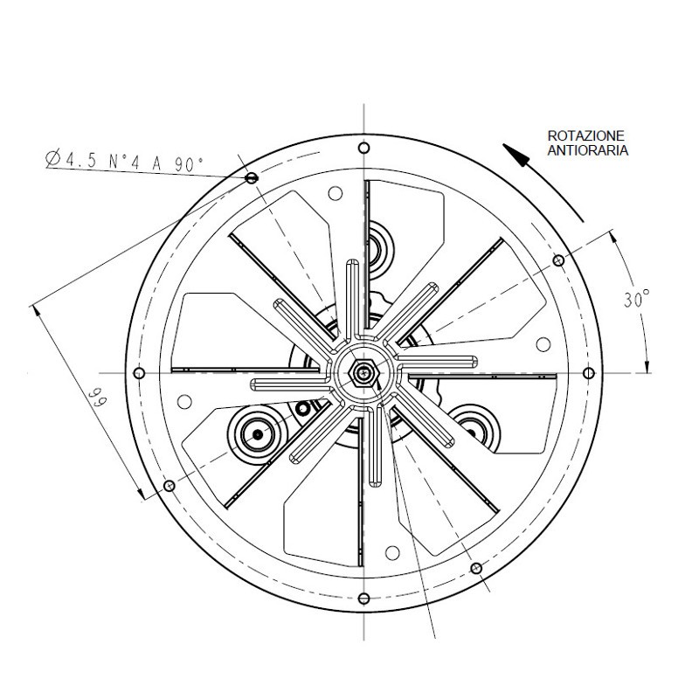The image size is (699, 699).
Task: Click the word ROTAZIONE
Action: pyautogui.click(x=585, y=135)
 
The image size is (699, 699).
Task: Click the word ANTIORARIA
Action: pyautogui.click(x=587, y=150)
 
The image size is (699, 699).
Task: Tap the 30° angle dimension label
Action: pyautogui.click(x=636, y=299)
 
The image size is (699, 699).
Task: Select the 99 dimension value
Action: pyautogui.click(x=97, y=398)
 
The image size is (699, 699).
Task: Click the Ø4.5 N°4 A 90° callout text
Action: pyautogui.click(x=124, y=161)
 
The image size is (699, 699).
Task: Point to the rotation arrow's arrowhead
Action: pyautogui.click(x=516, y=155)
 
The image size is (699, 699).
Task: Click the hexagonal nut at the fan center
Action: pyautogui.click(x=363, y=373)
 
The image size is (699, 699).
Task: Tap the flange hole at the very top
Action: pyautogui.click(x=363, y=148)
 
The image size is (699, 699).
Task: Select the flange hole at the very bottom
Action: pyautogui.click(x=363, y=599)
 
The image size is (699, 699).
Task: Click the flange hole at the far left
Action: pyautogui.click(x=139, y=373)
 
